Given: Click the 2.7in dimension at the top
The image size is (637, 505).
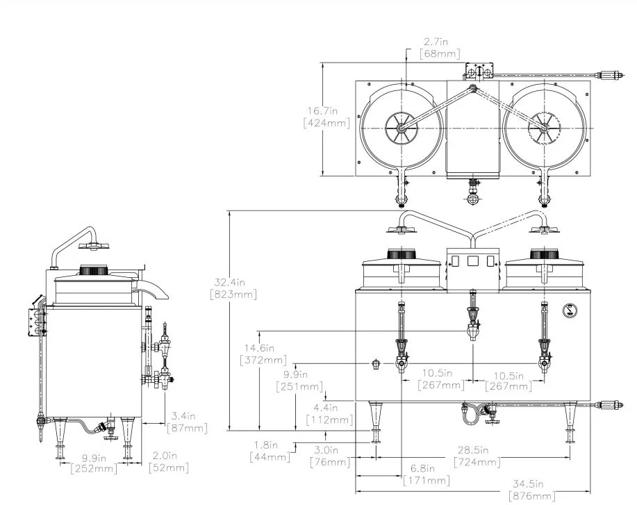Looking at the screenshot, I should click(x=435, y=42).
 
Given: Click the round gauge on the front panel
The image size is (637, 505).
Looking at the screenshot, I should click(x=568, y=311).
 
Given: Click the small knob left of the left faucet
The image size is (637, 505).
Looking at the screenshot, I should click(x=376, y=363).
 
